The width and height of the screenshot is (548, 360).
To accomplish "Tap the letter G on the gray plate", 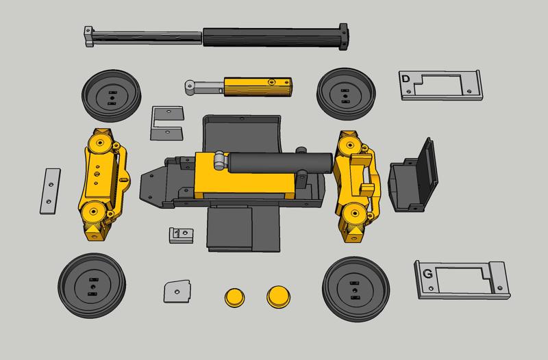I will pyautogui.click(x=427, y=274).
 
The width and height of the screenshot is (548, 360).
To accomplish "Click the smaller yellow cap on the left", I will pyautogui.click(x=234, y=296).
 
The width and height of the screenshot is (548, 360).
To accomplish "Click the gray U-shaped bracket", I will pyautogui.click(x=166, y=122).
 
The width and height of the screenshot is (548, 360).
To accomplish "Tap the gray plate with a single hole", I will pyautogui.click(x=176, y=291).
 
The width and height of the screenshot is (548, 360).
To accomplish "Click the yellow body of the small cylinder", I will pyautogui.click(x=257, y=86).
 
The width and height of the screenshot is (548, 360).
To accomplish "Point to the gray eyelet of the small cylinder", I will pyautogui.click(x=190, y=86).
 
